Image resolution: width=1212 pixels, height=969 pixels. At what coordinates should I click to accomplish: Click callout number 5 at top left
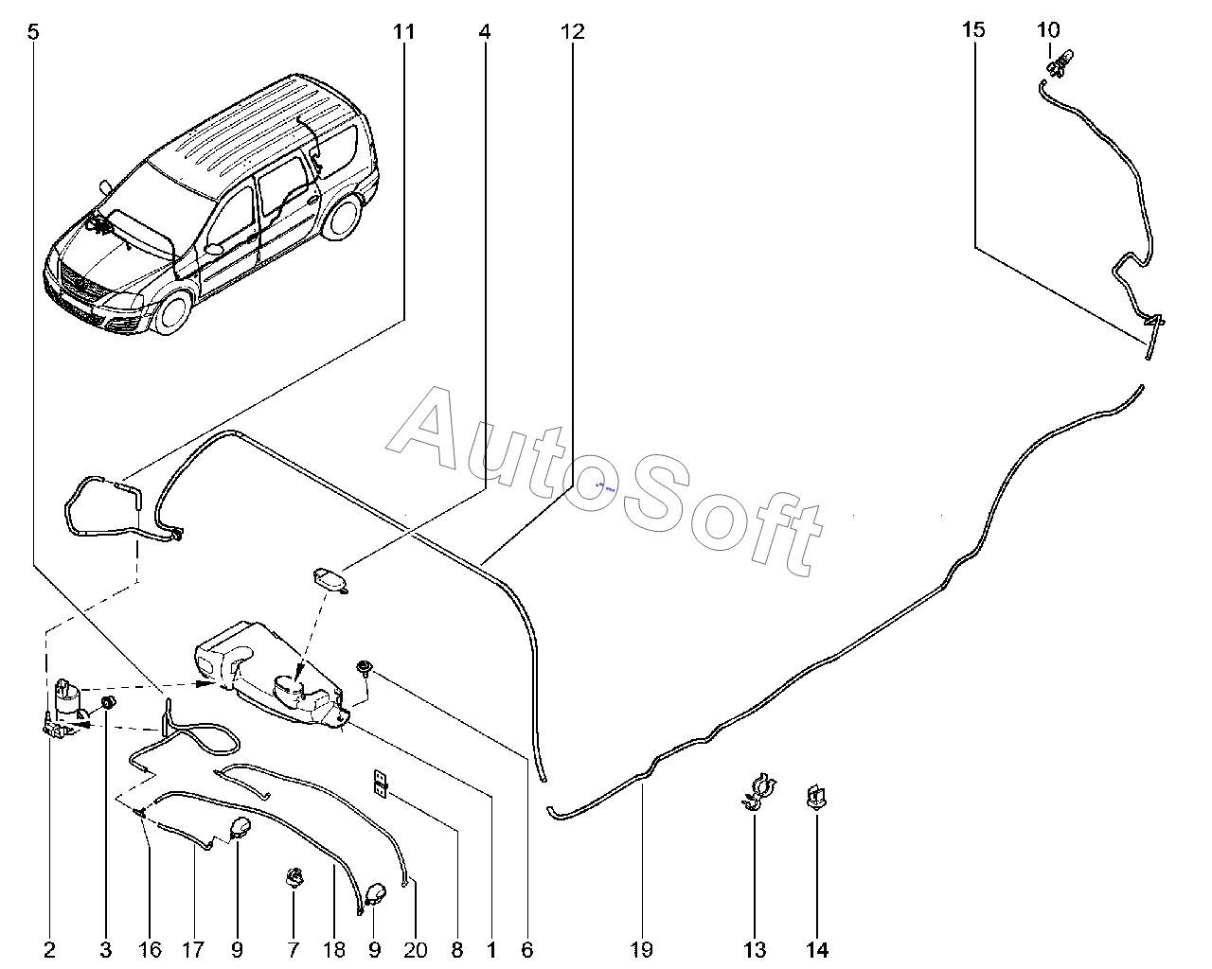[33, 32]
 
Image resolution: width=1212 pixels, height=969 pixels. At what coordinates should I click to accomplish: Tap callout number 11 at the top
[403, 32]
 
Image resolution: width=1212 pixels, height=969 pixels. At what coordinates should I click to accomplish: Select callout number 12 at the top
[572, 32]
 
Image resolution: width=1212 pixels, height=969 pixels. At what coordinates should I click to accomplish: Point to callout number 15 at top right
[973, 30]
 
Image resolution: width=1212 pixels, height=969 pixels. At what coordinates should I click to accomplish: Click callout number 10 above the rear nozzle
[1048, 30]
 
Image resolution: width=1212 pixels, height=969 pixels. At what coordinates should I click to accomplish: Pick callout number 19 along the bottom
[641, 950]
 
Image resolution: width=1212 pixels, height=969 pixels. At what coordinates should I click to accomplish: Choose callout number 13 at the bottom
[755, 950]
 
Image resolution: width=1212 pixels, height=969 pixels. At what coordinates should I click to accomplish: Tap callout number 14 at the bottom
[817, 950]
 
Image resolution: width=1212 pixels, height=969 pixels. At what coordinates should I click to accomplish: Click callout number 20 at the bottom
[416, 950]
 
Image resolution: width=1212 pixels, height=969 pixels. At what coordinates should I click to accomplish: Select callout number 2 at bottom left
[49, 950]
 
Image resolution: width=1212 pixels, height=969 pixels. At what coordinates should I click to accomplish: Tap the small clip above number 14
[816, 797]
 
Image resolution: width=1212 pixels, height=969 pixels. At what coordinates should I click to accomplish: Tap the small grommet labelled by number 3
[108, 703]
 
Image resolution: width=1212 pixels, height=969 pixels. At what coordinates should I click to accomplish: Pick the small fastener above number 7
[294, 876]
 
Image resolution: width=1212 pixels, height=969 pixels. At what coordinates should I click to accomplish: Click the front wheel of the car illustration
[171, 312]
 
